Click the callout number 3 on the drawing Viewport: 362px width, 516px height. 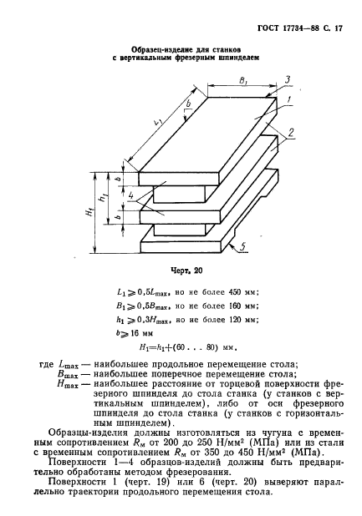click(x=288, y=79)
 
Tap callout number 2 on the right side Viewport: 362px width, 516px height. click(x=291, y=132)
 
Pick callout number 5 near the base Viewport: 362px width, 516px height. click(x=242, y=247)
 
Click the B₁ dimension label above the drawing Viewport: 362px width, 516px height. click(x=243, y=80)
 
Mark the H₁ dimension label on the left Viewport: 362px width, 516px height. click(x=89, y=213)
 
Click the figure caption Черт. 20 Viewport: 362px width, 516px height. click(x=186, y=271)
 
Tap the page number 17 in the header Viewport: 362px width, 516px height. click(x=338, y=28)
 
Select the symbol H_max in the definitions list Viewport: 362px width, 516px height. click(x=68, y=384)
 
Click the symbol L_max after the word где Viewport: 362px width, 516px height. click(x=69, y=365)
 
